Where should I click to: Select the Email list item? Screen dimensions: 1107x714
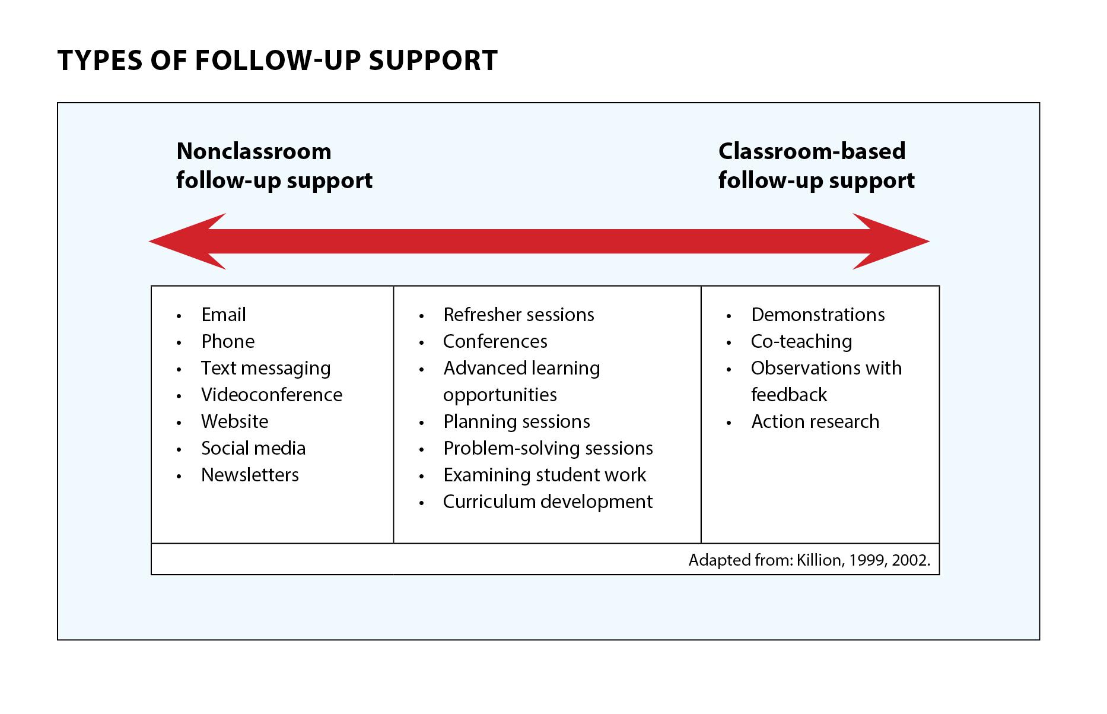click(x=224, y=315)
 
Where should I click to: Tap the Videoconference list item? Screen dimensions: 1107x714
click(x=272, y=395)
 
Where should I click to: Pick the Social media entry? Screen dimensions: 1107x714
click(x=253, y=448)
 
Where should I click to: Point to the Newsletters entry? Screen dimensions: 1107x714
click(x=250, y=475)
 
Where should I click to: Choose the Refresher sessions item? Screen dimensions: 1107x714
click(x=518, y=315)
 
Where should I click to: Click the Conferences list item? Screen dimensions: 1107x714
click(x=495, y=341)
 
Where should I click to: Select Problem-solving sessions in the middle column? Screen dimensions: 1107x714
click(x=548, y=448)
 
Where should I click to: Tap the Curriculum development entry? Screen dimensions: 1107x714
click(x=548, y=502)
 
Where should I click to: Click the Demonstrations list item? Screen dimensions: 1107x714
click(x=818, y=315)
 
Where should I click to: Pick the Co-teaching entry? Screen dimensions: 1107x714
click(x=801, y=342)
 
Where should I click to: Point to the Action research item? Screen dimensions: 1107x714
click(x=815, y=421)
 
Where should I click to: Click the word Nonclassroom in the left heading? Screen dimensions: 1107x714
click(x=254, y=151)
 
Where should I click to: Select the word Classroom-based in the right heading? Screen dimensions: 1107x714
click(x=812, y=151)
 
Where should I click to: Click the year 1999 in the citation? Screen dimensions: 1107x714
click(x=866, y=560)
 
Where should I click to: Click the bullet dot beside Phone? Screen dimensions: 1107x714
click(x=179, y=343)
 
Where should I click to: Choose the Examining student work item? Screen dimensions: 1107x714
click(x=544, y=475)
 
